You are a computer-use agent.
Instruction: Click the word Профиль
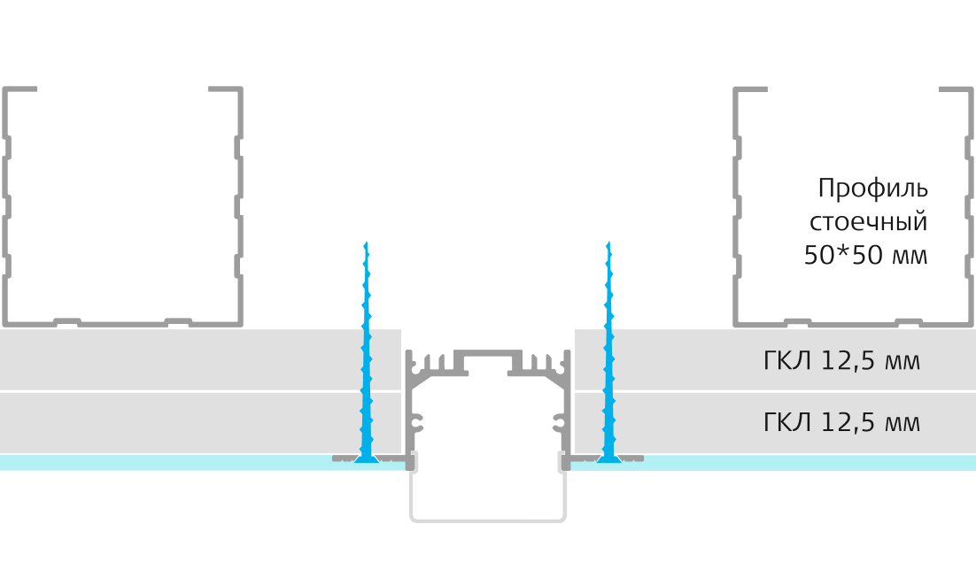coord(872,188)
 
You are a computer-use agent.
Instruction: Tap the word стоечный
coord(868,221)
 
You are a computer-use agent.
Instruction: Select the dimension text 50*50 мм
coord(865,255)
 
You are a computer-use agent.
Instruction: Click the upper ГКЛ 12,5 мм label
coord(841,361)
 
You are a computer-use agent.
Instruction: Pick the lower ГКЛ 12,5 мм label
coord(841,422)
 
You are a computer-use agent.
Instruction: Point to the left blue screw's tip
coord(366,242)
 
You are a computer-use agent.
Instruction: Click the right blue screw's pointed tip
coord(608,242)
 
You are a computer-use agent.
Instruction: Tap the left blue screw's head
coord(367,459)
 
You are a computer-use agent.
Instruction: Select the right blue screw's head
coord(609,459)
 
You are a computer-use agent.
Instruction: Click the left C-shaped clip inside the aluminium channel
coord(416,423)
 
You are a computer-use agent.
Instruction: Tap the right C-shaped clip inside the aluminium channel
coord(560,423)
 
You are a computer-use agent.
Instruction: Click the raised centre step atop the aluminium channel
coord(488,353)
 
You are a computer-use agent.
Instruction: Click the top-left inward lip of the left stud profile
coord(19,89)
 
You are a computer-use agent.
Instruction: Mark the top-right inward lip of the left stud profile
coord(225,89)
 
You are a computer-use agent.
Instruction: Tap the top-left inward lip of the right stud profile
coord(750,89)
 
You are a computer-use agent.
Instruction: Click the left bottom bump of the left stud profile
coord(67,321)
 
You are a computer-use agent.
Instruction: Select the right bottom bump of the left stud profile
coord(178,321)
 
